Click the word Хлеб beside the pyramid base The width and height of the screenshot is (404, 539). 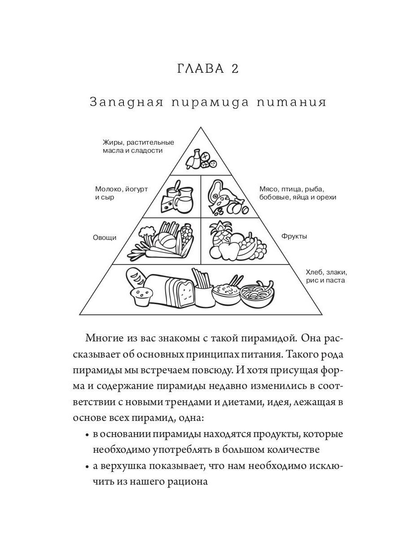pos(315,272)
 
